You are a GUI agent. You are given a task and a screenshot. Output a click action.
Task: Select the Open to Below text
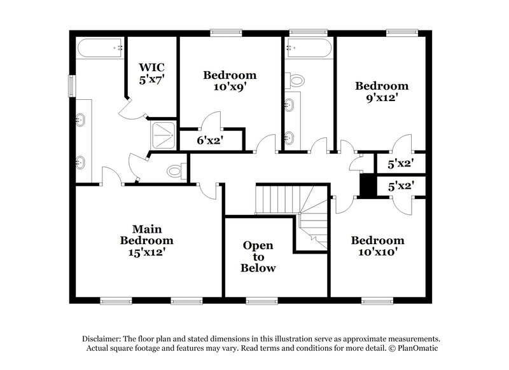[x=258, y=256]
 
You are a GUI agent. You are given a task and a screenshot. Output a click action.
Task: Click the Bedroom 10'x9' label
[x=230, y=81]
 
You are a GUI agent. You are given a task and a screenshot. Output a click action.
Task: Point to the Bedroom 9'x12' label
[x=381, y=92]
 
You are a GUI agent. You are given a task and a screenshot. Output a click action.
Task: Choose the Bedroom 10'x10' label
[x=377, y=246]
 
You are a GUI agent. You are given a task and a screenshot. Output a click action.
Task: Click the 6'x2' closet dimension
[x=209, y=140]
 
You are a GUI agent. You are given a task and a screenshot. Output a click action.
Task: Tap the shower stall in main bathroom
[x=162, y=134]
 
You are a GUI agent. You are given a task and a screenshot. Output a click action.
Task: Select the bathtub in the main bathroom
[x=100, y=47]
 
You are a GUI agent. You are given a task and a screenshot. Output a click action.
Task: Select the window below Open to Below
[x=258, y=301]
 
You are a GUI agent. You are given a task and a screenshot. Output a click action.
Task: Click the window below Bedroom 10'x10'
[x=373, y=301]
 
